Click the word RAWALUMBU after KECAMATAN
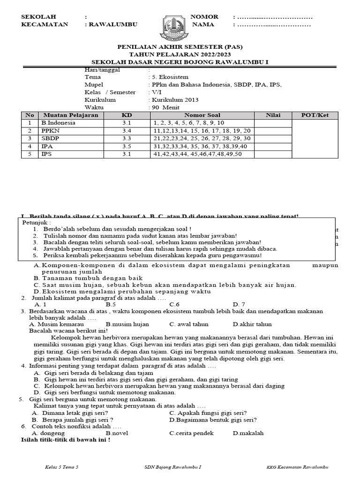113,25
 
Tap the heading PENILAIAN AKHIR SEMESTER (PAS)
180,47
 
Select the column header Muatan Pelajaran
70,115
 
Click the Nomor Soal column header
202,115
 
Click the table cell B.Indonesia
58,123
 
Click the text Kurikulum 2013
175,100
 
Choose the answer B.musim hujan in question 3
127,324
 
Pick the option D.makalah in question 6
248,434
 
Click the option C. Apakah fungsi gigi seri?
208,413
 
